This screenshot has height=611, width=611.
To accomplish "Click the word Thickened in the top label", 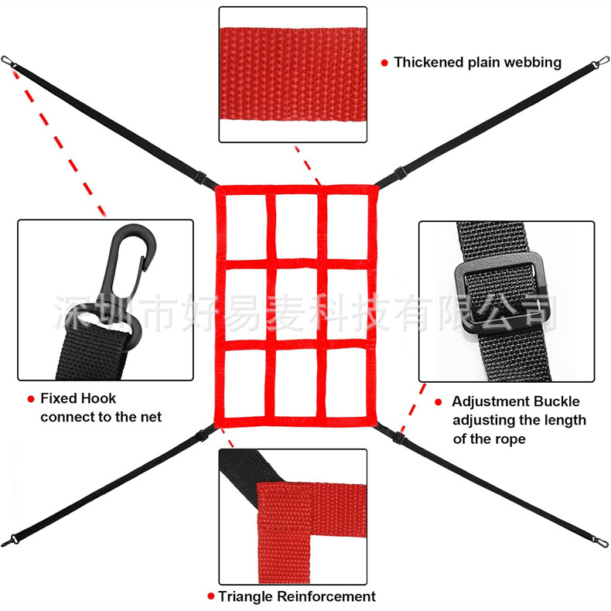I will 429,62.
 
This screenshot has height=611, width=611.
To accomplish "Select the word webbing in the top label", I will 534,62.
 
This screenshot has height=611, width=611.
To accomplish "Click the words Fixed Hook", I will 78,398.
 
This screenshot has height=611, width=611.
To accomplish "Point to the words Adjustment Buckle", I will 515,401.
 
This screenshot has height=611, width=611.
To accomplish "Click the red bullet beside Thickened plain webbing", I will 384,63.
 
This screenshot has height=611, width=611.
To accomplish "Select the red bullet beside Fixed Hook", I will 31,399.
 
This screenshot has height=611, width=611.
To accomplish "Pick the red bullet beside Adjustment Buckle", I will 439,402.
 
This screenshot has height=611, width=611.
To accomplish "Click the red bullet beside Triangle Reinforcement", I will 210,597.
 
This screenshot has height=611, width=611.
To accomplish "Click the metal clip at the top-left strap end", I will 8,62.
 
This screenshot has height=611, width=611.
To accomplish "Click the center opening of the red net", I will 296,302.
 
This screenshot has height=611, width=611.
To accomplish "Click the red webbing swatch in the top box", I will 292,75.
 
